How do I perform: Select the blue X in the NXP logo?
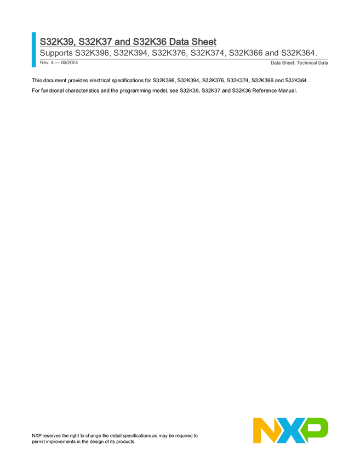pyautogui.click(x=289, y=430)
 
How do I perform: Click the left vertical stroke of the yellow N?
pyautogui.click(x=256, y=430)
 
